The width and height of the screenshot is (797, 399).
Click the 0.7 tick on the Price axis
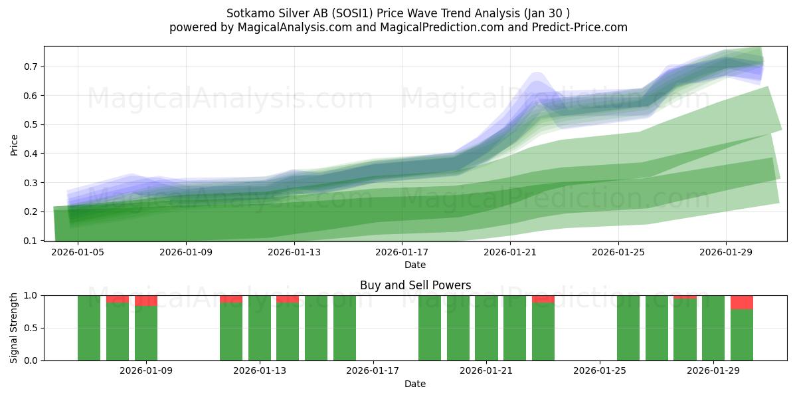[x=31, y=66]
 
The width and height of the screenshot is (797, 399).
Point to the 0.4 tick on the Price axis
[x=31, y=154]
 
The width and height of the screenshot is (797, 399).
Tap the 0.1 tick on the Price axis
[x=31, y=241]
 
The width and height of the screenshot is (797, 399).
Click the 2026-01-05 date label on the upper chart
[x=78, y=253]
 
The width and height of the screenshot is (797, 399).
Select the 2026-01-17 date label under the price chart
[x=402, y=253]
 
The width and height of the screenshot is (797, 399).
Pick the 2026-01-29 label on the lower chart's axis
[x=713, y=371]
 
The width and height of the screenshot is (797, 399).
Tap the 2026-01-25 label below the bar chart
[x=600, y=371]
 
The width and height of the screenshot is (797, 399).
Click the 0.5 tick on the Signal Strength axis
[x=31, y=328]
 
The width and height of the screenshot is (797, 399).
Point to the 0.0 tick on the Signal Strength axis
[x=31, y=360]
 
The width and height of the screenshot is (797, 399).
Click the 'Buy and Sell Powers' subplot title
[x=415, y=285]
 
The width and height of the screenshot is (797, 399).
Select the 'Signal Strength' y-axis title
[x=14, y=328]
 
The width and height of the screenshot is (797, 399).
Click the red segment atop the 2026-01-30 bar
[x=742, y=302]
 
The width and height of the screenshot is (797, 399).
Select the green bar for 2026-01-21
[x=486, y=328]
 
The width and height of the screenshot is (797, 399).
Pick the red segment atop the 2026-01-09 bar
[x=146, y=301]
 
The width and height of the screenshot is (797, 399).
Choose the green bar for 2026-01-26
[x=628, y=328]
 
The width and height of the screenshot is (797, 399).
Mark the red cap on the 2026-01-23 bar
[x=543, y=299]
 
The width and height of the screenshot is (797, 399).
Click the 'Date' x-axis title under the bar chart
[x=415, y=384]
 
